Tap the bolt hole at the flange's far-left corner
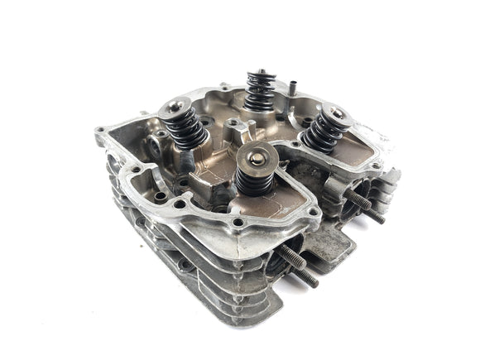(x=100, y=130)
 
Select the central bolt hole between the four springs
(x=234, y=125)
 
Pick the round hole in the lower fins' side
(x=180, y=264)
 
